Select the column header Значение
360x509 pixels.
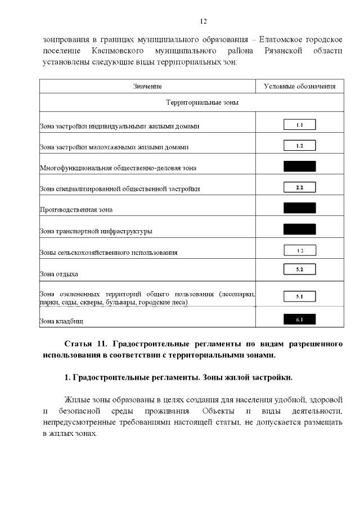[147, 86]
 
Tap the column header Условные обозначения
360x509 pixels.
[300, 86]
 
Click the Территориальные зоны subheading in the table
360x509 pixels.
[202, 103]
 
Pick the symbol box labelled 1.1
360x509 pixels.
[299, 125]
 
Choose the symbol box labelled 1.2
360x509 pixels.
[299, 146]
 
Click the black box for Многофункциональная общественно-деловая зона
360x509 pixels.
[299, 166]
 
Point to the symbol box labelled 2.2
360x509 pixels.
[299, 187]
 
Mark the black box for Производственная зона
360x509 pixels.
[299, 208]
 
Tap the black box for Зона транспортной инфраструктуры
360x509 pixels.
[299, 228]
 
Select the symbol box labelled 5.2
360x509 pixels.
[299, 270]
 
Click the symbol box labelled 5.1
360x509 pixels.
[299, 296]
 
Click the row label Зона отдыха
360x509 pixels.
[59, 274]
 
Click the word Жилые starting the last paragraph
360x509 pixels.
[76, 400]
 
